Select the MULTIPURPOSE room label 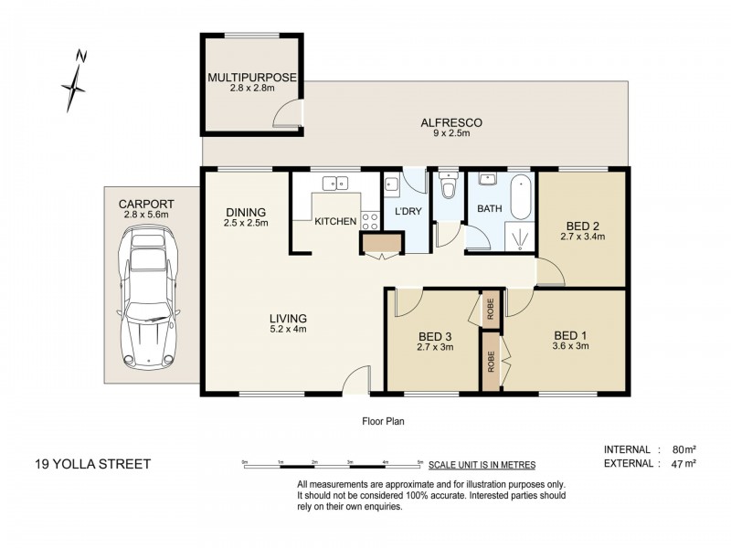click(252, 78)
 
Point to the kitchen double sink click(335, 184)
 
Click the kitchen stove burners click(370, 221)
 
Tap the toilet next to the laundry click(449, 186)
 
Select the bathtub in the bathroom click(521, 196)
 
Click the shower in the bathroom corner click(520, 237)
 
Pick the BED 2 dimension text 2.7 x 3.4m click(583, 237)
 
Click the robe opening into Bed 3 click(491, 309)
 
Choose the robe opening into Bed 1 click(491, 361)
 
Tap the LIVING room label click(288, 319)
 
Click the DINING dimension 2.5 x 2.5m click(246, 223)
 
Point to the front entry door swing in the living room click(356, 380)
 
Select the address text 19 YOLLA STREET click(93, 464)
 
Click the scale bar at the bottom click(333, 465)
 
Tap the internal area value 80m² click(684, 449)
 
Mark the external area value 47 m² click(684, 463)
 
